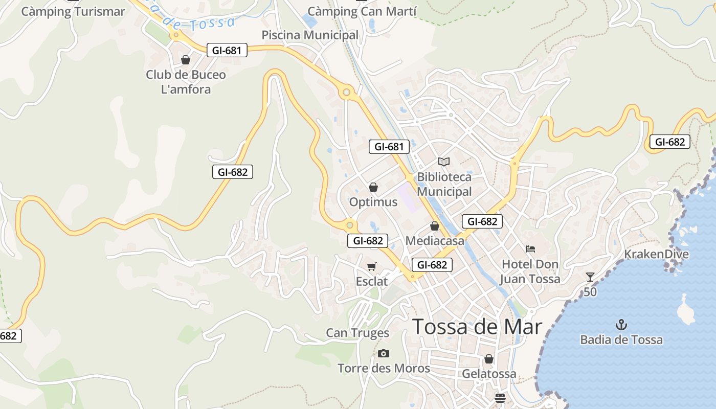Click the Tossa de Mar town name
(477, 327)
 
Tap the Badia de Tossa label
(621, 339)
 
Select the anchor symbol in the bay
(621, 325)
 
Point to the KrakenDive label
(656, 254)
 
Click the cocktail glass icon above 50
(590, 277)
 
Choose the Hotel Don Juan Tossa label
(530, 271)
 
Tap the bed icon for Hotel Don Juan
(530, 249)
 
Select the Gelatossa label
(489, 374)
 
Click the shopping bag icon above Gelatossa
(489, 359)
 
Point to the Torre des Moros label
(384, 368)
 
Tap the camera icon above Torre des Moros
(384, 353)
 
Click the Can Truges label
(357, 333)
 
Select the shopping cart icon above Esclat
(372, 266)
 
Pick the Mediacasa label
(435, 240)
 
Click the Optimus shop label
(373, 202)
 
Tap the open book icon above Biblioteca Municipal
(444, 162)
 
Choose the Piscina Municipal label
(310, 35)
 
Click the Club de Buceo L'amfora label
(186, 82)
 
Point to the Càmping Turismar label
(73, 11)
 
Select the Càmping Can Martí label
(362, 11)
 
